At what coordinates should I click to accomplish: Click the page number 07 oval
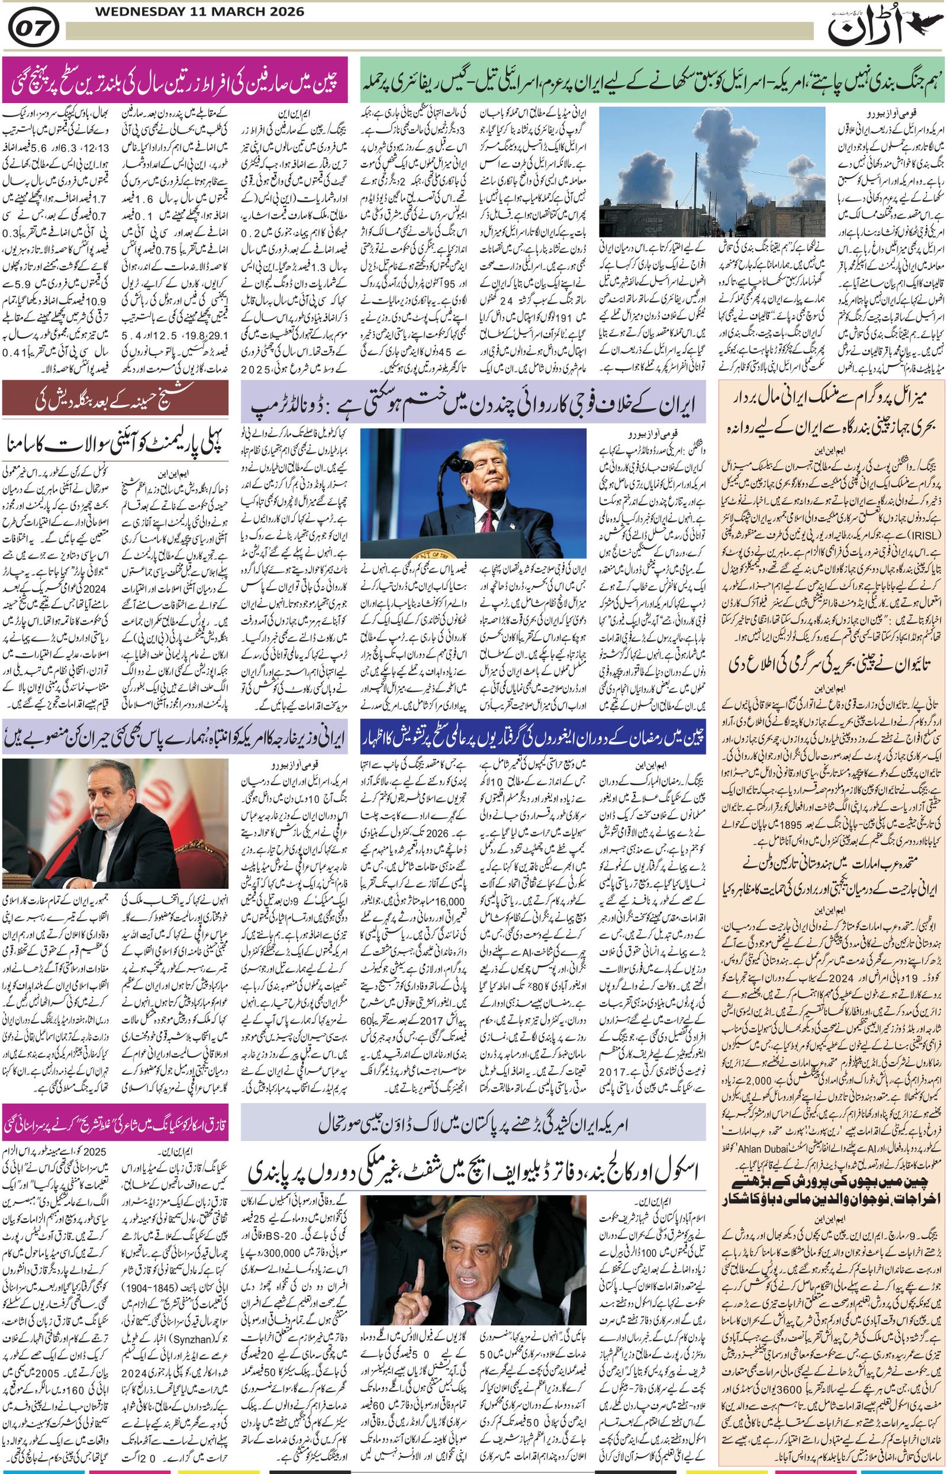coord(34,28)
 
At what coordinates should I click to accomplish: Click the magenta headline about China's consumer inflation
coord(175,80)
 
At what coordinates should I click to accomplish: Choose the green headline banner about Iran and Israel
coord(652,80)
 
